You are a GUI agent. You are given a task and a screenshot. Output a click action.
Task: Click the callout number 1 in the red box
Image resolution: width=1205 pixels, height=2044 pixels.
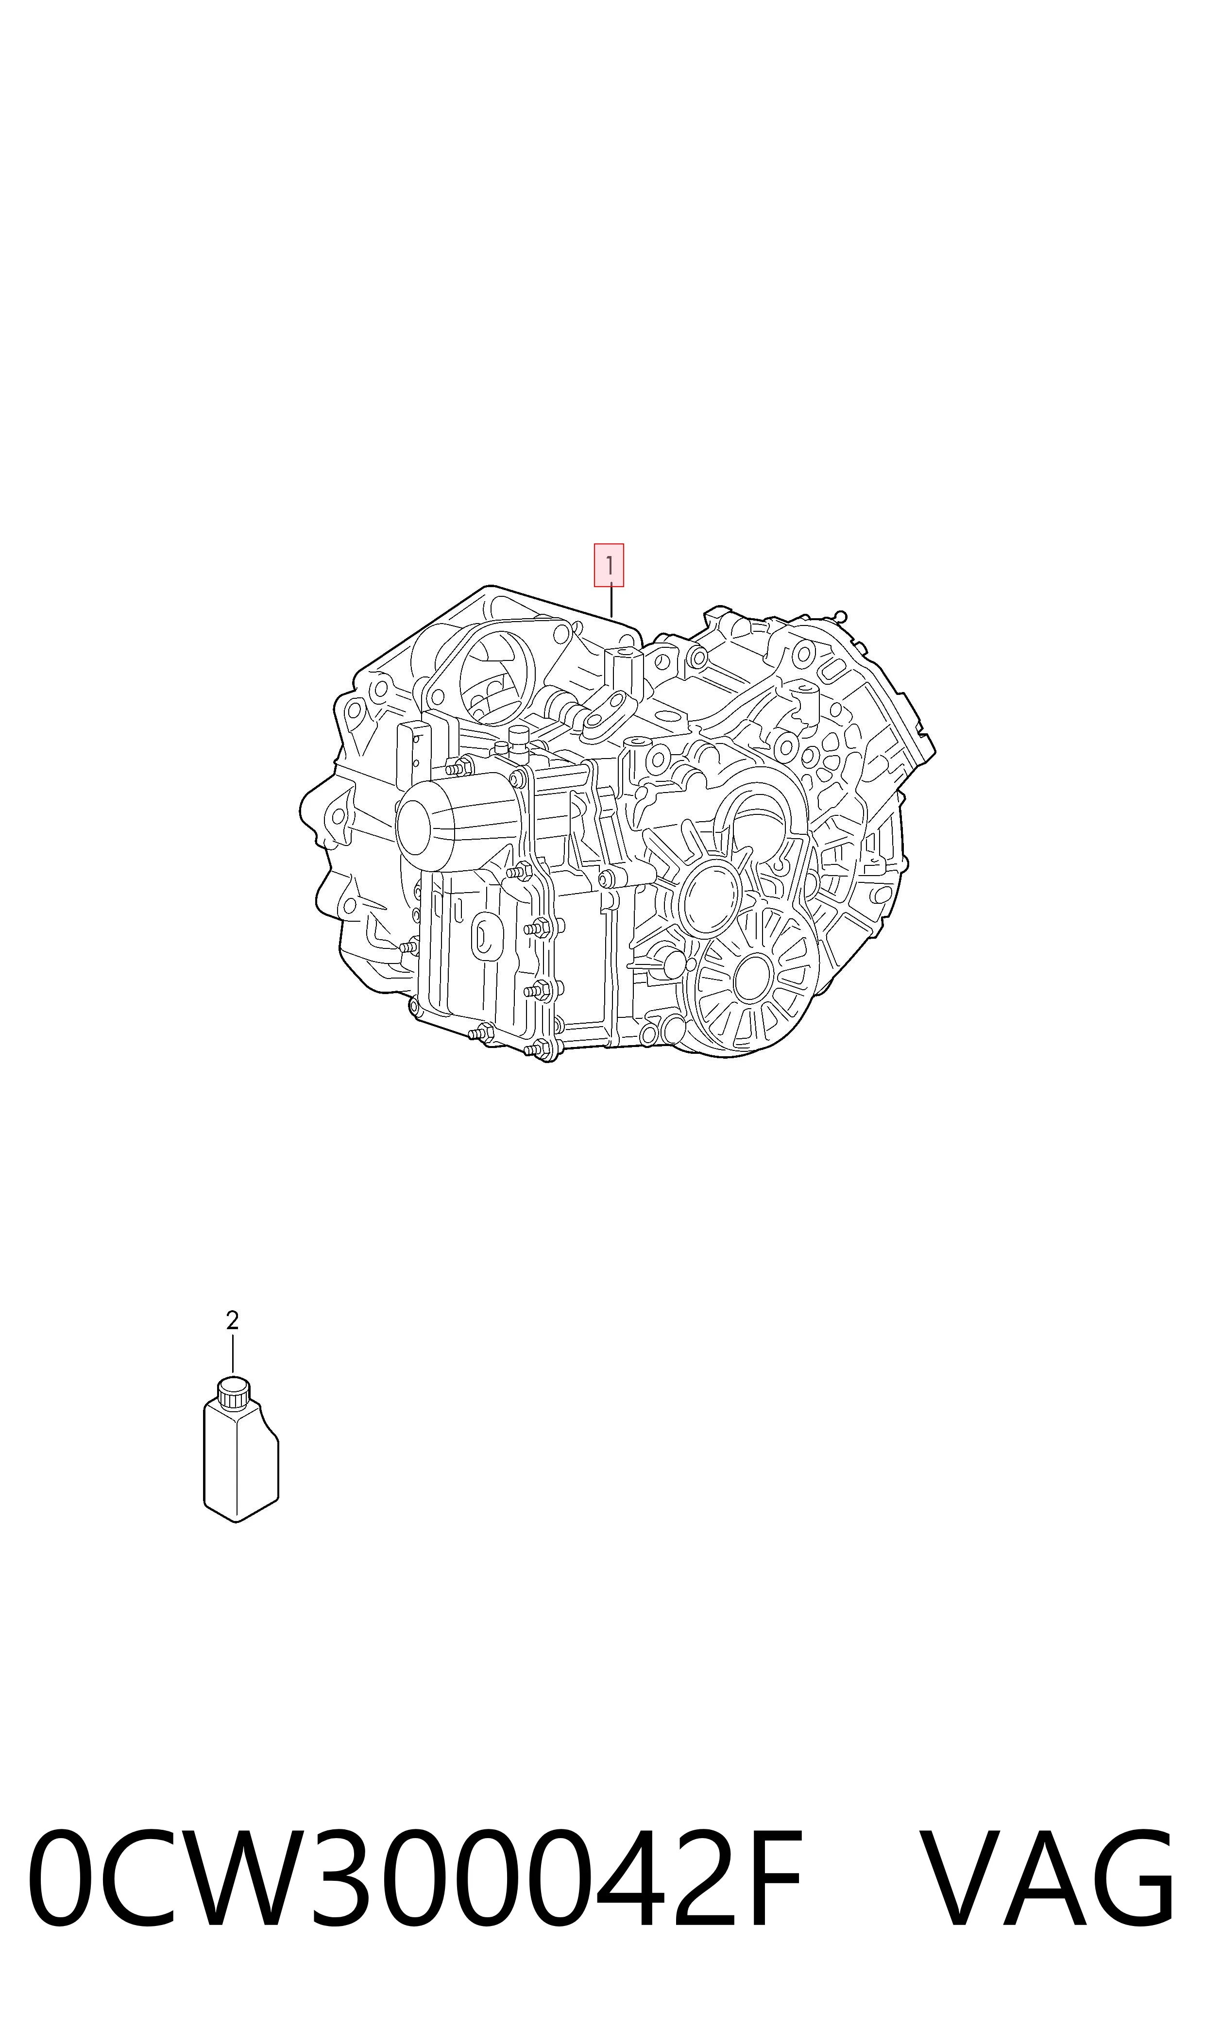click(x=609, y=564)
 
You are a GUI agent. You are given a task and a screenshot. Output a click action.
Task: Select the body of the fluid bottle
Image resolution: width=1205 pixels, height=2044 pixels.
click(x=240, y=1461)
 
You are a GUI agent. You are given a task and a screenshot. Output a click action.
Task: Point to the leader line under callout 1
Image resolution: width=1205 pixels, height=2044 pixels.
click(x=611, y=601)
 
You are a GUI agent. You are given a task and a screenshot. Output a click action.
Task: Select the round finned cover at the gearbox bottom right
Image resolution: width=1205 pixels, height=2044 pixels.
click(x=751, y=980)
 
